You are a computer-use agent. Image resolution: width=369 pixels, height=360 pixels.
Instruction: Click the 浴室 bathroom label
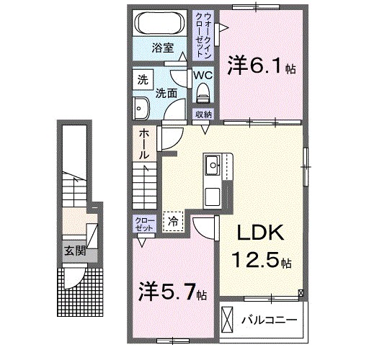point(163,48)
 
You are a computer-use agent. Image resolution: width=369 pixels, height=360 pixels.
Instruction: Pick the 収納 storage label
point(203,114)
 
